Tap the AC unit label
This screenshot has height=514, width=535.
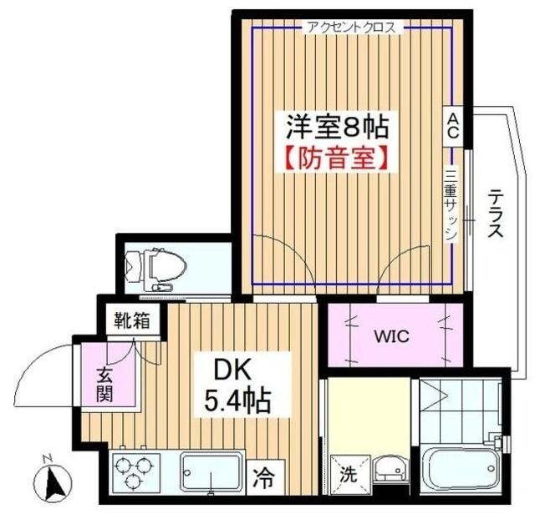[453, 126]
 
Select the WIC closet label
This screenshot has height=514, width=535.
[391, 336]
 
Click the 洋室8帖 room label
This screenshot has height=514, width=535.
[337, 127]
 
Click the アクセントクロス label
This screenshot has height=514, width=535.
[352, 28]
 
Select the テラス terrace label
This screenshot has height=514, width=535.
[495, 214]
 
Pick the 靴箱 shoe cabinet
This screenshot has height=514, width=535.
[132, 320]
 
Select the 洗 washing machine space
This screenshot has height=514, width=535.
[349, 475]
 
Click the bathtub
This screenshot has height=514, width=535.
[461, 469]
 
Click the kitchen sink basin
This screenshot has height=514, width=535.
[211, 472]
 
